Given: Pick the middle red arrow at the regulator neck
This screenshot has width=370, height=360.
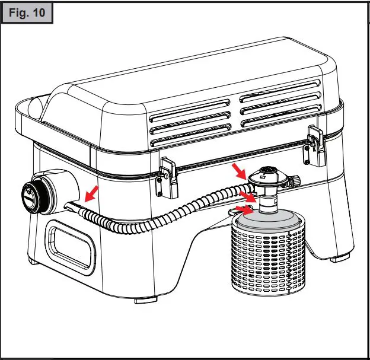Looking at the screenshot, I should click(x=245, y=195).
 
